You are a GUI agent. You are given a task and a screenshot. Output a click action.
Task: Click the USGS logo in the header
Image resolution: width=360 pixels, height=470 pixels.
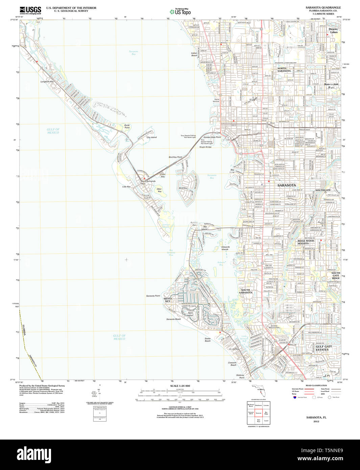click(30, 10)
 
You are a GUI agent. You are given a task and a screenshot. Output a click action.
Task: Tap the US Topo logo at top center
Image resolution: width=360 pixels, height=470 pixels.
click(180, 11)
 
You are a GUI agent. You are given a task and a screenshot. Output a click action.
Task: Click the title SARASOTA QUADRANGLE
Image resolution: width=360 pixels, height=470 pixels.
click(323, 7)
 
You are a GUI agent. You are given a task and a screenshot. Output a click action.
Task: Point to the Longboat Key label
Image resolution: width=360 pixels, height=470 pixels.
click(47, 81)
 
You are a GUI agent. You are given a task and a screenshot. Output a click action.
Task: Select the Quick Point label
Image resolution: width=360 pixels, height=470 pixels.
click(127, 126)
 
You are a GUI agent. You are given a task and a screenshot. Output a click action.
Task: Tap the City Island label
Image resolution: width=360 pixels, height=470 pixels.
click(151, 137)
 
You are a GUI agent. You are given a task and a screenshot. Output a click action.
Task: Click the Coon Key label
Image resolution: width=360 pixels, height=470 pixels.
click(163, 175)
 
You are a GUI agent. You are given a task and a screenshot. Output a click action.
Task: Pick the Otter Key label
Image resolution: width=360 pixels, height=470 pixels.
click(159, 190)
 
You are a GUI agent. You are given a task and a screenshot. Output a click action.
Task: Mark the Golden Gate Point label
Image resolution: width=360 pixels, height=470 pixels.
click(212, 137)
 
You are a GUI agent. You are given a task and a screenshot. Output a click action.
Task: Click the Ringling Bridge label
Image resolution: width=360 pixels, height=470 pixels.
click(205, 147)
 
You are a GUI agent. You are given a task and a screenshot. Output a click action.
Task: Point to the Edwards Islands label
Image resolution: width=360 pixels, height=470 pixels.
click(225, 248)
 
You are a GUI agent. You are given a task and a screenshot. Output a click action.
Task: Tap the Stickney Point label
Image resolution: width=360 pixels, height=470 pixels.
click(240, 376)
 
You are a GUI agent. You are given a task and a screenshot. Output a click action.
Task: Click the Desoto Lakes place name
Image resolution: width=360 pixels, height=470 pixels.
click(333, 30)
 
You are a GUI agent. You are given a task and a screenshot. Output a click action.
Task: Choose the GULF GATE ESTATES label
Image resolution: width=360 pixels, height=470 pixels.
click(323, 348)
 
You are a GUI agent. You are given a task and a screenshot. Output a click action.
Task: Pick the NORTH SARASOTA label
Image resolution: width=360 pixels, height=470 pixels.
click(284, 70)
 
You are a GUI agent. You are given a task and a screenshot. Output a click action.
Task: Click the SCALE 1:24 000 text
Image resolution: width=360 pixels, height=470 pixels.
click(180, 386)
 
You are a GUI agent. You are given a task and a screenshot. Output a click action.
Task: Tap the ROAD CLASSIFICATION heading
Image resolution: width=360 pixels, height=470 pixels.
click(316, 385)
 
